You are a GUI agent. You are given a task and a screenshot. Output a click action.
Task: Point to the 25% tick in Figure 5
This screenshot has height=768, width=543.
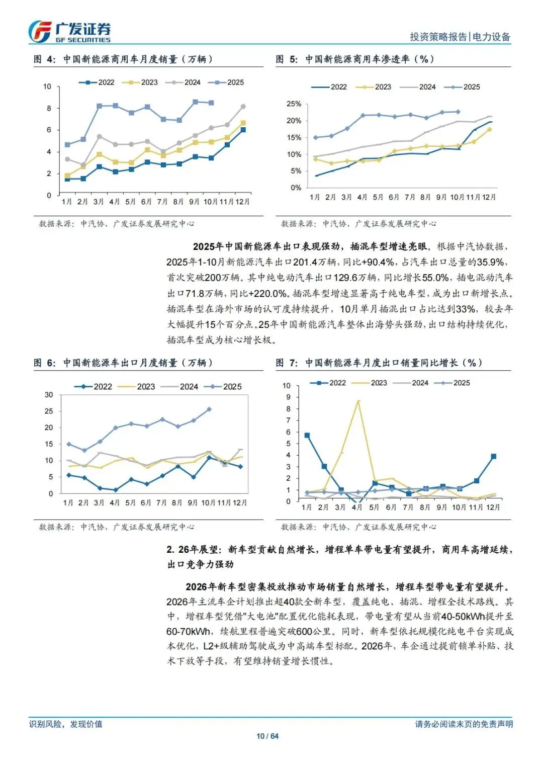[x=294, y=104]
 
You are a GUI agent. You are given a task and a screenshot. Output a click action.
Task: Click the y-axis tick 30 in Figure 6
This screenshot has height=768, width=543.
[x=49, y=395]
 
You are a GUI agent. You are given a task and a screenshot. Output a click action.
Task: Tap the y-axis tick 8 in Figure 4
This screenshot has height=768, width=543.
[x=49, y=108]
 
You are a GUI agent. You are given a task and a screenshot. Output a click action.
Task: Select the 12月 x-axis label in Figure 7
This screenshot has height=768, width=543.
[x=493, y=507]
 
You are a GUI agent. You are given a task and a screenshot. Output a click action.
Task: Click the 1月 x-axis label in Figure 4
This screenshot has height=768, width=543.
[x=67, y=202]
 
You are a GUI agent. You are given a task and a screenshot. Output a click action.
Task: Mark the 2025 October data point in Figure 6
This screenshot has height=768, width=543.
[x=209, y=409]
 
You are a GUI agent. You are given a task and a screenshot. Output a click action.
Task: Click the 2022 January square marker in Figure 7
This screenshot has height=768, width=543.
[x=307, y=436]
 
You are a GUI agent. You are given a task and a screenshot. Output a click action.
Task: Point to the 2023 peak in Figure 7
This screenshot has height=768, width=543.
[x=358, y=401]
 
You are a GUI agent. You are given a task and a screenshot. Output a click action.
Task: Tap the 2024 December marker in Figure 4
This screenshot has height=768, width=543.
[x=243, y=107]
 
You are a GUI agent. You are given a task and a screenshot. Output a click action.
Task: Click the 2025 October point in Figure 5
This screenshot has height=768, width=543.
[x=458, y=112]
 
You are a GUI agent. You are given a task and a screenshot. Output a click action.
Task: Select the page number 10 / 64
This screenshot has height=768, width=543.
[x=267, y=736]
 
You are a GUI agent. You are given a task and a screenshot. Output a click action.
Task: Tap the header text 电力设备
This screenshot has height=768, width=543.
[x=491, y=37]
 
